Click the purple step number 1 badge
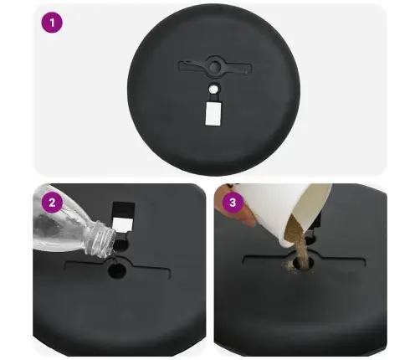(x=52, y=23)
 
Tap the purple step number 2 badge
(x=52, y=202)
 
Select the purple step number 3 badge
(x=233, y=202)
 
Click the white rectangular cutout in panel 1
(x=213, y=113)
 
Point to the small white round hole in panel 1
(x=213, y=90)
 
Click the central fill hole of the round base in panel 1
(x=214, y=66)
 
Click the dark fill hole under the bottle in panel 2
(x=117, y=270)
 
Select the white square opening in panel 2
(x=122, y=224)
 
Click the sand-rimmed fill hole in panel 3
(x=303, y=263)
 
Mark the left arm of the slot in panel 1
(x=193, y=66)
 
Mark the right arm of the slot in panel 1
(x=236, y=68)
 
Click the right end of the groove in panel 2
(x=169, y=274)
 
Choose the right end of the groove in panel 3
(x=364, y=263)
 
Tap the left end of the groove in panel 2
(x=66, y=265)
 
